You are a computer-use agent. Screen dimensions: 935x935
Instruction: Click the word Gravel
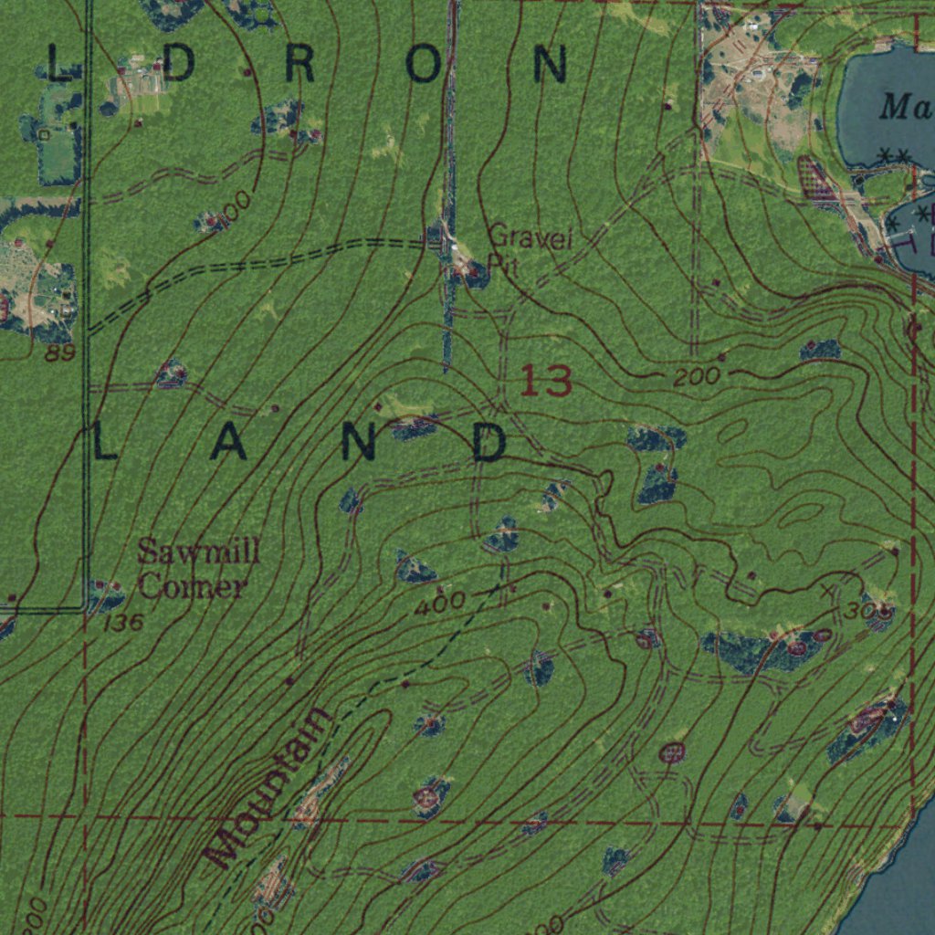531,238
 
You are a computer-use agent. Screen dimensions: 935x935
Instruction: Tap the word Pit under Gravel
496,263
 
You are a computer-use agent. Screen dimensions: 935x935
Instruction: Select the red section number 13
546,380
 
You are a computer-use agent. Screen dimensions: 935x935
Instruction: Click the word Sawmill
199,552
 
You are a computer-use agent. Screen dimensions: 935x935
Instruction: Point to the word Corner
192,585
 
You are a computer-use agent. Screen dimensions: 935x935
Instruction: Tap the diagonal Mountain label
267,787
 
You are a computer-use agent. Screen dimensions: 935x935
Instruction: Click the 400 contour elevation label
439,602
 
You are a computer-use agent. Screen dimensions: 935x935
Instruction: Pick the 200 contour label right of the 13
697,376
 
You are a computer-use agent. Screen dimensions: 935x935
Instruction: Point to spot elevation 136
124,624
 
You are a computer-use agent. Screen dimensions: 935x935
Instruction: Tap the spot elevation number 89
59,352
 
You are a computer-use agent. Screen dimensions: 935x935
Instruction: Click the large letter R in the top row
299,65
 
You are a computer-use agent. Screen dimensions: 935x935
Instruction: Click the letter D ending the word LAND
490,443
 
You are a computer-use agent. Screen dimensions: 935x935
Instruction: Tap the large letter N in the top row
551,65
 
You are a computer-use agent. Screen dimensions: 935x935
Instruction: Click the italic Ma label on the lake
905,108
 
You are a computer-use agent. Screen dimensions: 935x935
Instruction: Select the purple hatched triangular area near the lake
818,181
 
